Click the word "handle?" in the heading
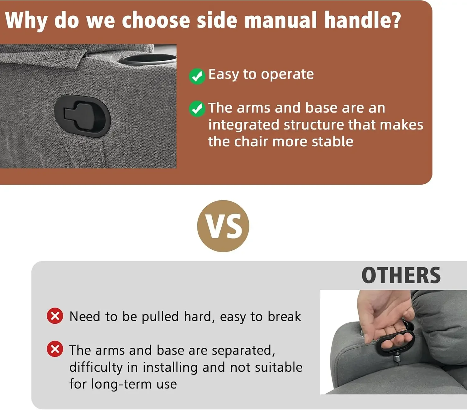[x=363, y=20]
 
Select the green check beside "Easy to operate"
[x=197, y=76]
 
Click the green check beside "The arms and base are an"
[x=197, y=109]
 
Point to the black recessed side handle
[x=83, y=116]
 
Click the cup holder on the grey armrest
[x=148, y=59]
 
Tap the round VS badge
[x=223, y=226]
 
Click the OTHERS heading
[x=401, y=275]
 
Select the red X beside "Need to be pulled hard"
[x=55, y=316]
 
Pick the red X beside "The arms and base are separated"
[x=55, y=349]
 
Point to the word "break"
[x=285, y=316]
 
